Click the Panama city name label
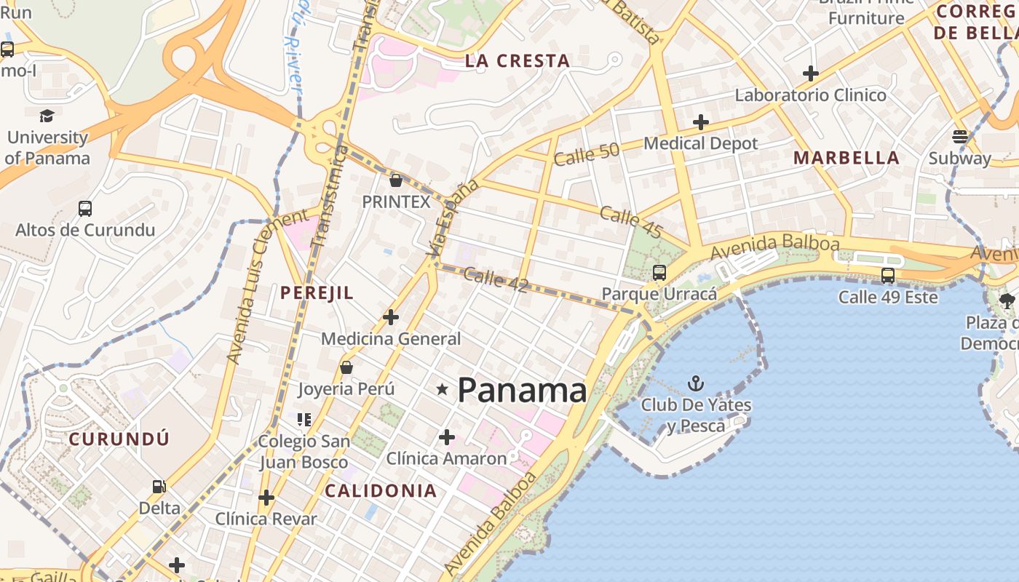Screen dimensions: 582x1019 pos(522,391)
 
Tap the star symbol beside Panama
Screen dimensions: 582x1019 pos(442,389)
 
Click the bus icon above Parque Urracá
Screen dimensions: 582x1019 pos(659,273)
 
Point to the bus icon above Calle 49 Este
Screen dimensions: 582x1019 pos(888,276)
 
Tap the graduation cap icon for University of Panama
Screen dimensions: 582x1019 pos(47,116)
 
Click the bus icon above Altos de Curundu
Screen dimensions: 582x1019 pos(85,209)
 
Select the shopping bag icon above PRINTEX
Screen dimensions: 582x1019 pos(396,180)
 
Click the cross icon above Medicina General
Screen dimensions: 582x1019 pos(391,317)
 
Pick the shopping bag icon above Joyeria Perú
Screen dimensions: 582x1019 pos(346,367)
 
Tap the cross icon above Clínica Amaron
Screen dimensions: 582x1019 pos(447,437)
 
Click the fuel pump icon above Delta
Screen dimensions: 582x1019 pos(159,487)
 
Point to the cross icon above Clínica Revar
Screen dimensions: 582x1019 pos(266,498)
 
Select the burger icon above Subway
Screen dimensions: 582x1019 pos(959,137)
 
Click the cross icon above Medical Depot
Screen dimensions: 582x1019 pos(701,122)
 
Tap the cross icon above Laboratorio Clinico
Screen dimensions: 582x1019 pos(811,73)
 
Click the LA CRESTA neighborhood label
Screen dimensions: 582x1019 pos(518,61)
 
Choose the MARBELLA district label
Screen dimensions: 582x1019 pos(846,158)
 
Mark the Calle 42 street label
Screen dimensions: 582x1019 pos(496,280)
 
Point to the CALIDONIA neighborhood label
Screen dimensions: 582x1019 pos(381,490)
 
